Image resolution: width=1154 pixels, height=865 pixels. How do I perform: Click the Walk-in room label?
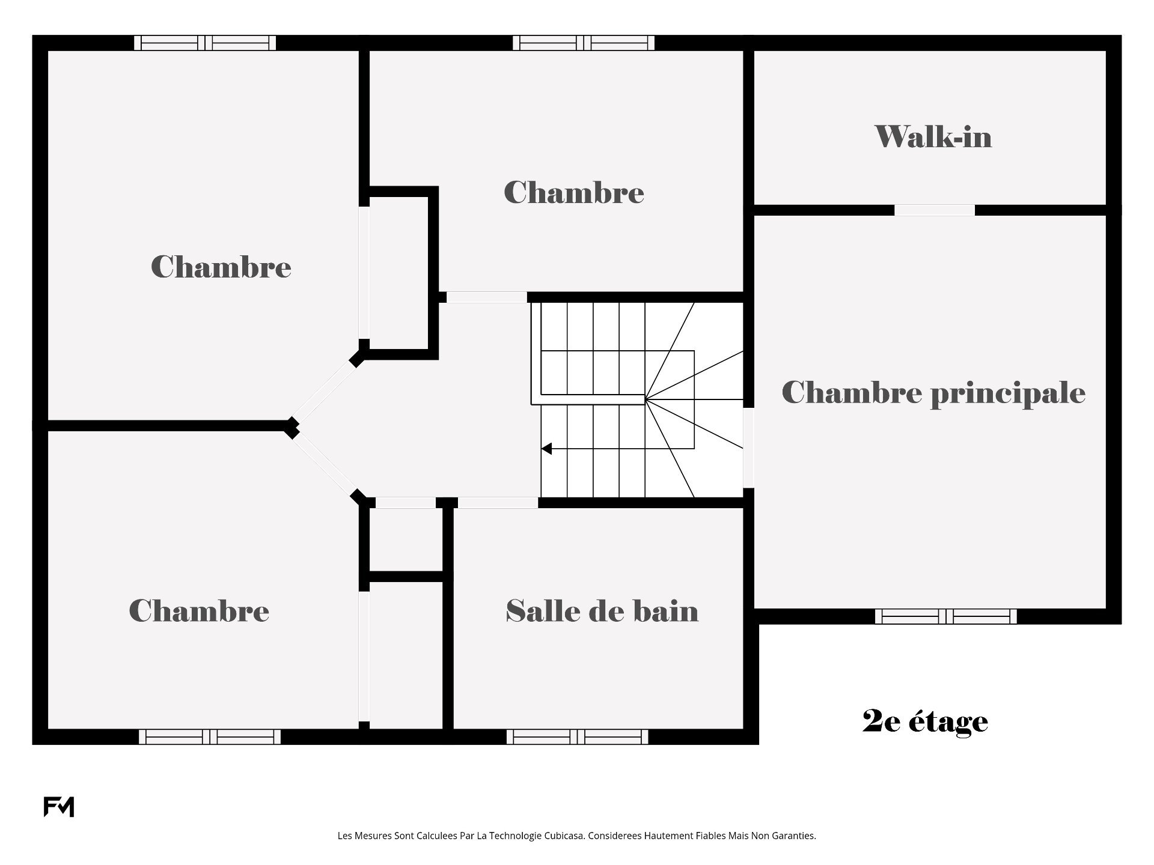pyautogui.click(x=933, y=136)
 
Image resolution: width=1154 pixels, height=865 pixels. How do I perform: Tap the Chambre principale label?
pyautogui.click(x=933, y=393)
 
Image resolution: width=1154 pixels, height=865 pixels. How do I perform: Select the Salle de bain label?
pyautogui.click(x=602, y=611)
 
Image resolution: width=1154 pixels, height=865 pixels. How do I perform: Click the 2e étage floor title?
pyautogui.click(x=925, y=721)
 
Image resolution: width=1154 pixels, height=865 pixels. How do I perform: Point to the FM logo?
pyautogui.click(x=59, y=807)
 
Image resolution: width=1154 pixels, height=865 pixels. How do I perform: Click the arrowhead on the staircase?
pyautogui.click(x=546, y=449)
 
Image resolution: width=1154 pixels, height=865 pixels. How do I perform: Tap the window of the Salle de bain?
pyautogui.click(x=578, y=736)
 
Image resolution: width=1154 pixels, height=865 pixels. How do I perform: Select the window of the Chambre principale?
pyautogui.click(x=946, y=616)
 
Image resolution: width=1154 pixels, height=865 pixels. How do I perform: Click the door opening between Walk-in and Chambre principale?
pyautogui.click(x=935, y=210)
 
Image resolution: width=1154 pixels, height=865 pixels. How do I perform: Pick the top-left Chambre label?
pyautogui.click(x=221, y=267)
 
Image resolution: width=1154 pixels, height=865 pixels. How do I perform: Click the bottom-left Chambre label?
pyautogui.click(x=199, y=611)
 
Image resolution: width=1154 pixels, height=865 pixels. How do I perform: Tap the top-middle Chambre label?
pyautogui.click(x=574, y=193)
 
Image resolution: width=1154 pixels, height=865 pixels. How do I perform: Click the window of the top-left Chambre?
pyautogui.click(x=205, y=43)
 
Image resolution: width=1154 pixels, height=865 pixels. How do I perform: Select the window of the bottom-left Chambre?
pyautogui.click(x=210, y=736)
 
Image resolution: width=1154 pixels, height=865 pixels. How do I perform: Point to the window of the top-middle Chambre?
pyautogui.click(x=584, y=43)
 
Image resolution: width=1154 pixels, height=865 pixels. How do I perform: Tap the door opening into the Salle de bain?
pyautogui.click(x=498, y=503)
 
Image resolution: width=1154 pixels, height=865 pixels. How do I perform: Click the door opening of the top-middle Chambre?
pyautogui.click(x=487, y=297)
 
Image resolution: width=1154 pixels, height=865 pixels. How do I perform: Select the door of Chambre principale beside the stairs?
pyautogui.click(x=749, y=448)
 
